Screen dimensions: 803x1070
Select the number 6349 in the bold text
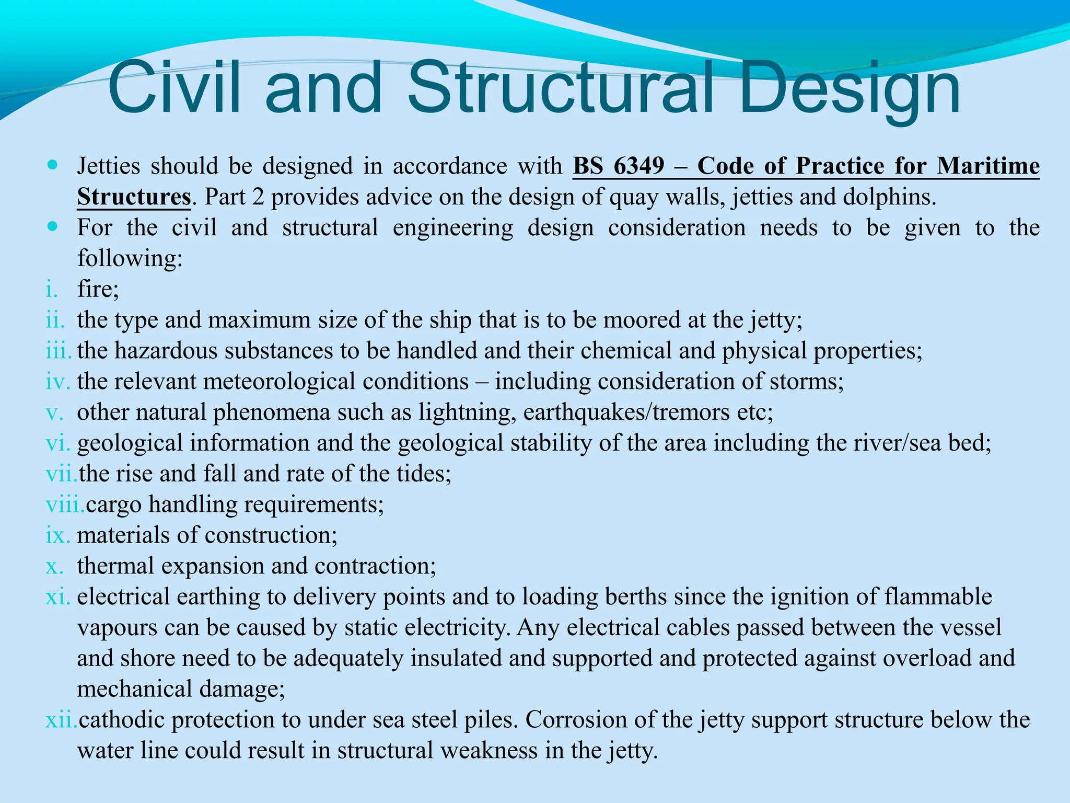(639, 166)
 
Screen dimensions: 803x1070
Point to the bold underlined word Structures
(134, 197)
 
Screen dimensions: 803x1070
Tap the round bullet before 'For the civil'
(52, 227)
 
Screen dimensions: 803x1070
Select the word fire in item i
(96, 289)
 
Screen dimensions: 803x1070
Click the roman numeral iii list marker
(57, 350)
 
